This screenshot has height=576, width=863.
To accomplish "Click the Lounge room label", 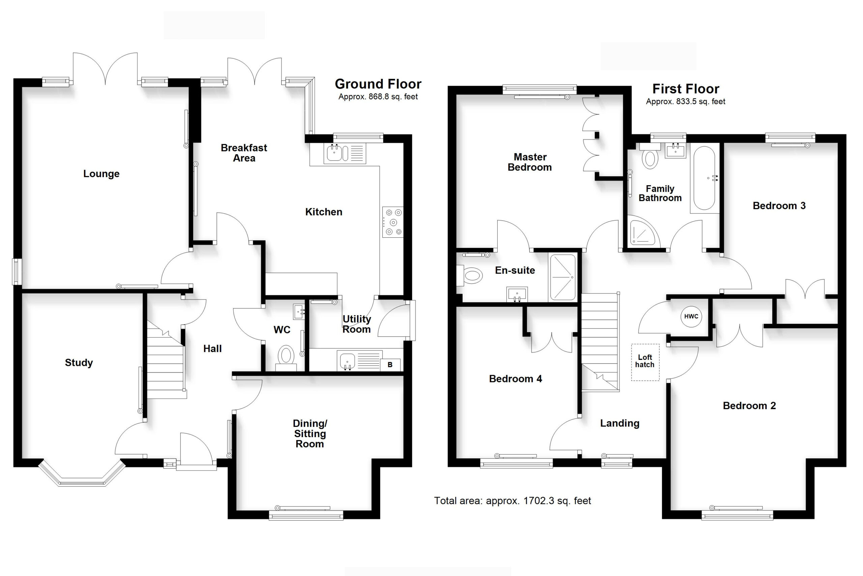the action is click(101, 174).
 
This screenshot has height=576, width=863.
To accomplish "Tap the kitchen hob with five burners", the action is click(393, 222).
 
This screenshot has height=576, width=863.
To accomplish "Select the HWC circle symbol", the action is click(691, 316).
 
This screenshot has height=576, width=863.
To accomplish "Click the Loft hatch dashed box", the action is click(645, 362).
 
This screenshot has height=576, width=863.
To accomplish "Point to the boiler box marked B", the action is click(390, 365).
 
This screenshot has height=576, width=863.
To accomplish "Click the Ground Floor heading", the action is click(378, 84).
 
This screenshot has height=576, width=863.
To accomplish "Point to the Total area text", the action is click(512, 501).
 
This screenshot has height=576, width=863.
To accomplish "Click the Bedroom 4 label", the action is click(515, 379).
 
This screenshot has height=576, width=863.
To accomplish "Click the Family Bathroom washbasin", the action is click(675, 151).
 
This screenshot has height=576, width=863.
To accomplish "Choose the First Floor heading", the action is click(685, 89).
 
